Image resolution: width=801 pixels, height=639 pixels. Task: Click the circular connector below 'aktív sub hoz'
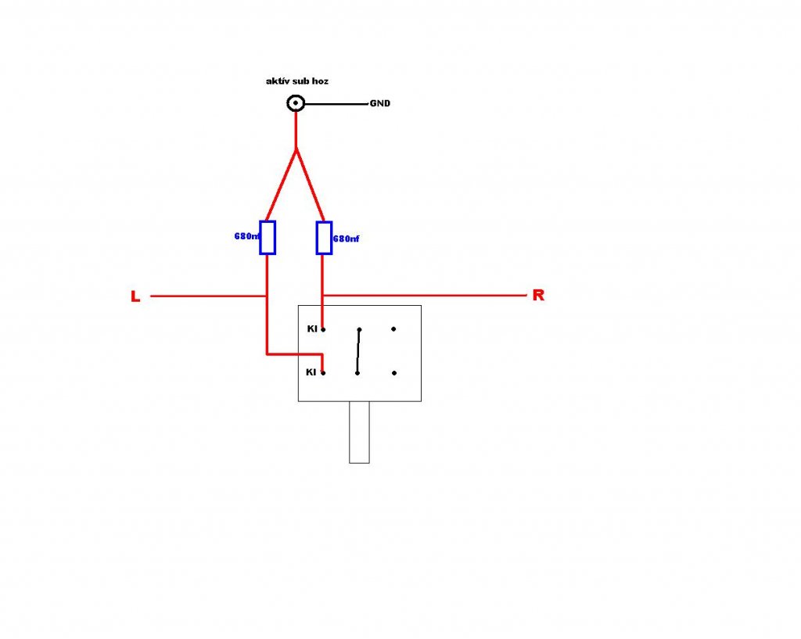[296, 103]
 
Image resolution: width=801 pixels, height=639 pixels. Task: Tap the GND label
[380, 103]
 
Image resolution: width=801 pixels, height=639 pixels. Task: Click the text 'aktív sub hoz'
[298, 81]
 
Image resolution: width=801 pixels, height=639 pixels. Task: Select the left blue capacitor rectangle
[268, 237]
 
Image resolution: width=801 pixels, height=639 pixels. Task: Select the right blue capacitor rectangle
[324, 237]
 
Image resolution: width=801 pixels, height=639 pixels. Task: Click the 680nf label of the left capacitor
[246, 235]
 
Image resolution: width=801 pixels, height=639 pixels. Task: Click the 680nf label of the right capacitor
[346, 238]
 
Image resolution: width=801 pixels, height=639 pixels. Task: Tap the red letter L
[135, 297]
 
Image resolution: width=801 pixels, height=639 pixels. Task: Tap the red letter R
[538, 296]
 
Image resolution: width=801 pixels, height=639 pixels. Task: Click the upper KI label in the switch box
[312, 329]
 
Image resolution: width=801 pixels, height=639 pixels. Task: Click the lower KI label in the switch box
[311, 372]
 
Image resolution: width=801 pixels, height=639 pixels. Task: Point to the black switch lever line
[359, 351]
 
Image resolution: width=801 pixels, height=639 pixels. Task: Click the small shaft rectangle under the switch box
[359, 432]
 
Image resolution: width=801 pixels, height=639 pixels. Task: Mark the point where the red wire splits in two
[296, 149]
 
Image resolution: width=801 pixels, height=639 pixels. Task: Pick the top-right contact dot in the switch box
[394, 329]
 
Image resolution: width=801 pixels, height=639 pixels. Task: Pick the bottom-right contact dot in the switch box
[394, 373]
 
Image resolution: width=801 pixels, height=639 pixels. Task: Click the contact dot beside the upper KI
[323, 330]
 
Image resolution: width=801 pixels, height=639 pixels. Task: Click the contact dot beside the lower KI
[323, 373]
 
